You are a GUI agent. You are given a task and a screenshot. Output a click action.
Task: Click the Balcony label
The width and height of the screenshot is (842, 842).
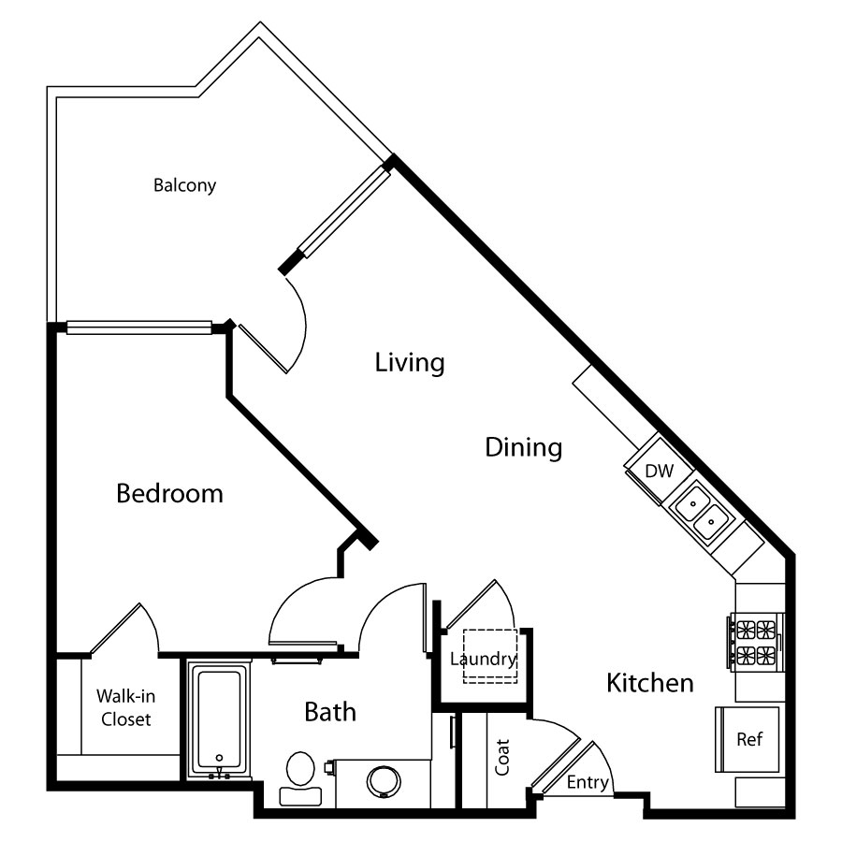coord(184,185)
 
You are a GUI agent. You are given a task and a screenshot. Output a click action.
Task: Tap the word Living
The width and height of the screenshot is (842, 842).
coord(410,362)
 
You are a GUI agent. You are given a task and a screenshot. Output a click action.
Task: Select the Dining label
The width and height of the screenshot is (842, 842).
coord(524,447)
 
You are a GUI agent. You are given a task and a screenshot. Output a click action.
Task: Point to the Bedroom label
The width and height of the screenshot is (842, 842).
coord(169,493)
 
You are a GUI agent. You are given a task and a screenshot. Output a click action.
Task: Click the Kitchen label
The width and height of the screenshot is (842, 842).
coord(650,683)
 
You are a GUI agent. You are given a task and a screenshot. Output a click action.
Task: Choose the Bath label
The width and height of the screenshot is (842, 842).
coord(330,712)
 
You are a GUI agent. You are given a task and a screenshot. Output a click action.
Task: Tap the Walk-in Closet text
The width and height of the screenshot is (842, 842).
coord(125,708)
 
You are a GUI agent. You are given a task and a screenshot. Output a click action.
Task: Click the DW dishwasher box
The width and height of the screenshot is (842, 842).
coord(660,471)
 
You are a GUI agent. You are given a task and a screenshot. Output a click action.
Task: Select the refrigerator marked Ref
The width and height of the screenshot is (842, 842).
coord(747,739)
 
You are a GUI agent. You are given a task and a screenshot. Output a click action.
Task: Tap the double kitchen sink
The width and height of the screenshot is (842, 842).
coord(702,512)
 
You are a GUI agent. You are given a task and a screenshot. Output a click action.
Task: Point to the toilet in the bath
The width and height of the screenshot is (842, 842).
coord(300,777)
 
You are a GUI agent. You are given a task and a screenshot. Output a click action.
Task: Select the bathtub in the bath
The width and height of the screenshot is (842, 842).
coord(219,719)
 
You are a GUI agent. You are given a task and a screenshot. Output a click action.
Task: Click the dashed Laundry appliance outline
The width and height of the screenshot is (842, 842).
coord(490,656)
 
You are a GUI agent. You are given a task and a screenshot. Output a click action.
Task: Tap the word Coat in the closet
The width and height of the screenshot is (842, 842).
coord(502,757)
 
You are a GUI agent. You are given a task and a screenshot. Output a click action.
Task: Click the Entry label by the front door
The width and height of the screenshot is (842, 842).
coord(588,782)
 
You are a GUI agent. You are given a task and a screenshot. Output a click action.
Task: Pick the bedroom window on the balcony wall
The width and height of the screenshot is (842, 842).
coord(138,327)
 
